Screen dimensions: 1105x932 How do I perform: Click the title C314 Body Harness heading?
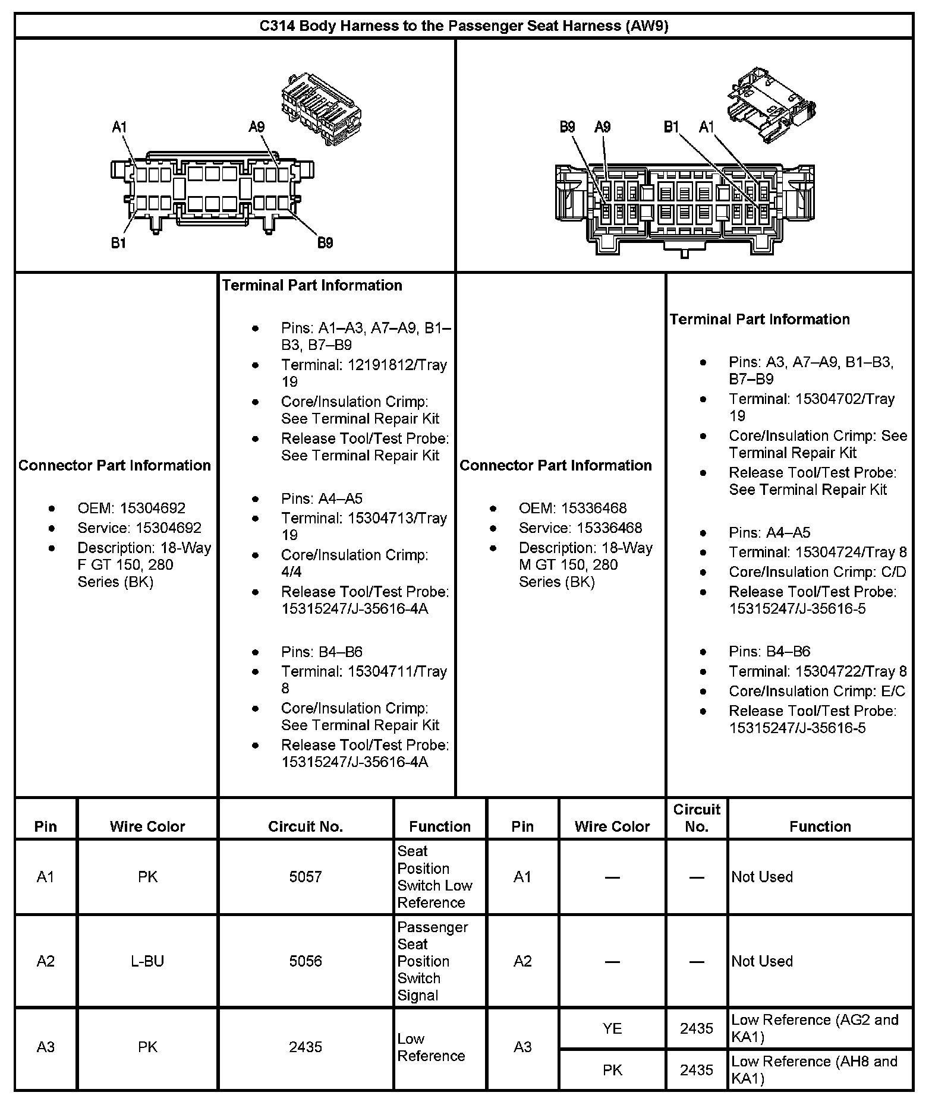tap(464, 26)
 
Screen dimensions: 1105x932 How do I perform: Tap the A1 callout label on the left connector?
tap(119, 127)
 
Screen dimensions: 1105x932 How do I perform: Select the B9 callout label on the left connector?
tap(325, 242)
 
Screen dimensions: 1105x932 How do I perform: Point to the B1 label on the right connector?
tap(671, 127)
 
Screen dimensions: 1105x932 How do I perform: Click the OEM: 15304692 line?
tap(131, 509)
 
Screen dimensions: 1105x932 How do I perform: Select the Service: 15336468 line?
tap(580, 528)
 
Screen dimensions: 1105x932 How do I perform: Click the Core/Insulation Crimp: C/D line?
tap(817, 572)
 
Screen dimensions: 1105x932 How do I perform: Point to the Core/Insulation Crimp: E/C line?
tap(817, 692)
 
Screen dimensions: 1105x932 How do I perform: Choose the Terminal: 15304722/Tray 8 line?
tap(818, 671)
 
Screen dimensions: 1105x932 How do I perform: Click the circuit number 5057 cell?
tap(306, 877)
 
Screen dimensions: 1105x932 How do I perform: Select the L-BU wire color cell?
tap(147, 961)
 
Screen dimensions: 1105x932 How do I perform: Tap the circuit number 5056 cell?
tap(306, 961)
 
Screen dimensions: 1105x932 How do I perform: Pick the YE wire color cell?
tap(612, 1028)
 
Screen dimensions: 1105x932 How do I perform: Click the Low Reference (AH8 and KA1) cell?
tap(814, 1069)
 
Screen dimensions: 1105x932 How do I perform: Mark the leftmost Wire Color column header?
tap(147, 826)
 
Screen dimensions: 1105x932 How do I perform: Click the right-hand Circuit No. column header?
tap(697, 818)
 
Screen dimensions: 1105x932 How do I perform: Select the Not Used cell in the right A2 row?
tap(762, 961)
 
